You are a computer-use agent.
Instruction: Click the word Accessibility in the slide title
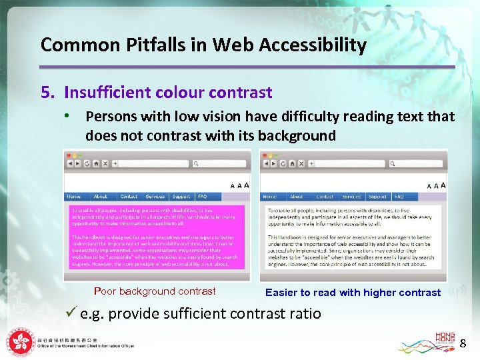click(312, 45)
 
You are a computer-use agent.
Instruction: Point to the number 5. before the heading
click(48, 92)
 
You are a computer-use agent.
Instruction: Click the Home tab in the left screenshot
click(74, 197)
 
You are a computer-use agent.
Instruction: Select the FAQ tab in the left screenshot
click(202, 197)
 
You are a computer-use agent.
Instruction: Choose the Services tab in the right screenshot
click(351, 197)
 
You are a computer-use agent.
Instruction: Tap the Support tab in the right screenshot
click(377, 197)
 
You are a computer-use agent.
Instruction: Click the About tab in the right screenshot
click(296, 197)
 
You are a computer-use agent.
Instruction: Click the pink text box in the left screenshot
click(155, 237)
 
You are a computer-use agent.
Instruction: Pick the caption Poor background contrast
click(155, 291)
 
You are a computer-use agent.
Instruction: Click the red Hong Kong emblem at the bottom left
click(20, 341)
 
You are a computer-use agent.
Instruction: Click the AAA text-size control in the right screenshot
click(437, 185)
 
